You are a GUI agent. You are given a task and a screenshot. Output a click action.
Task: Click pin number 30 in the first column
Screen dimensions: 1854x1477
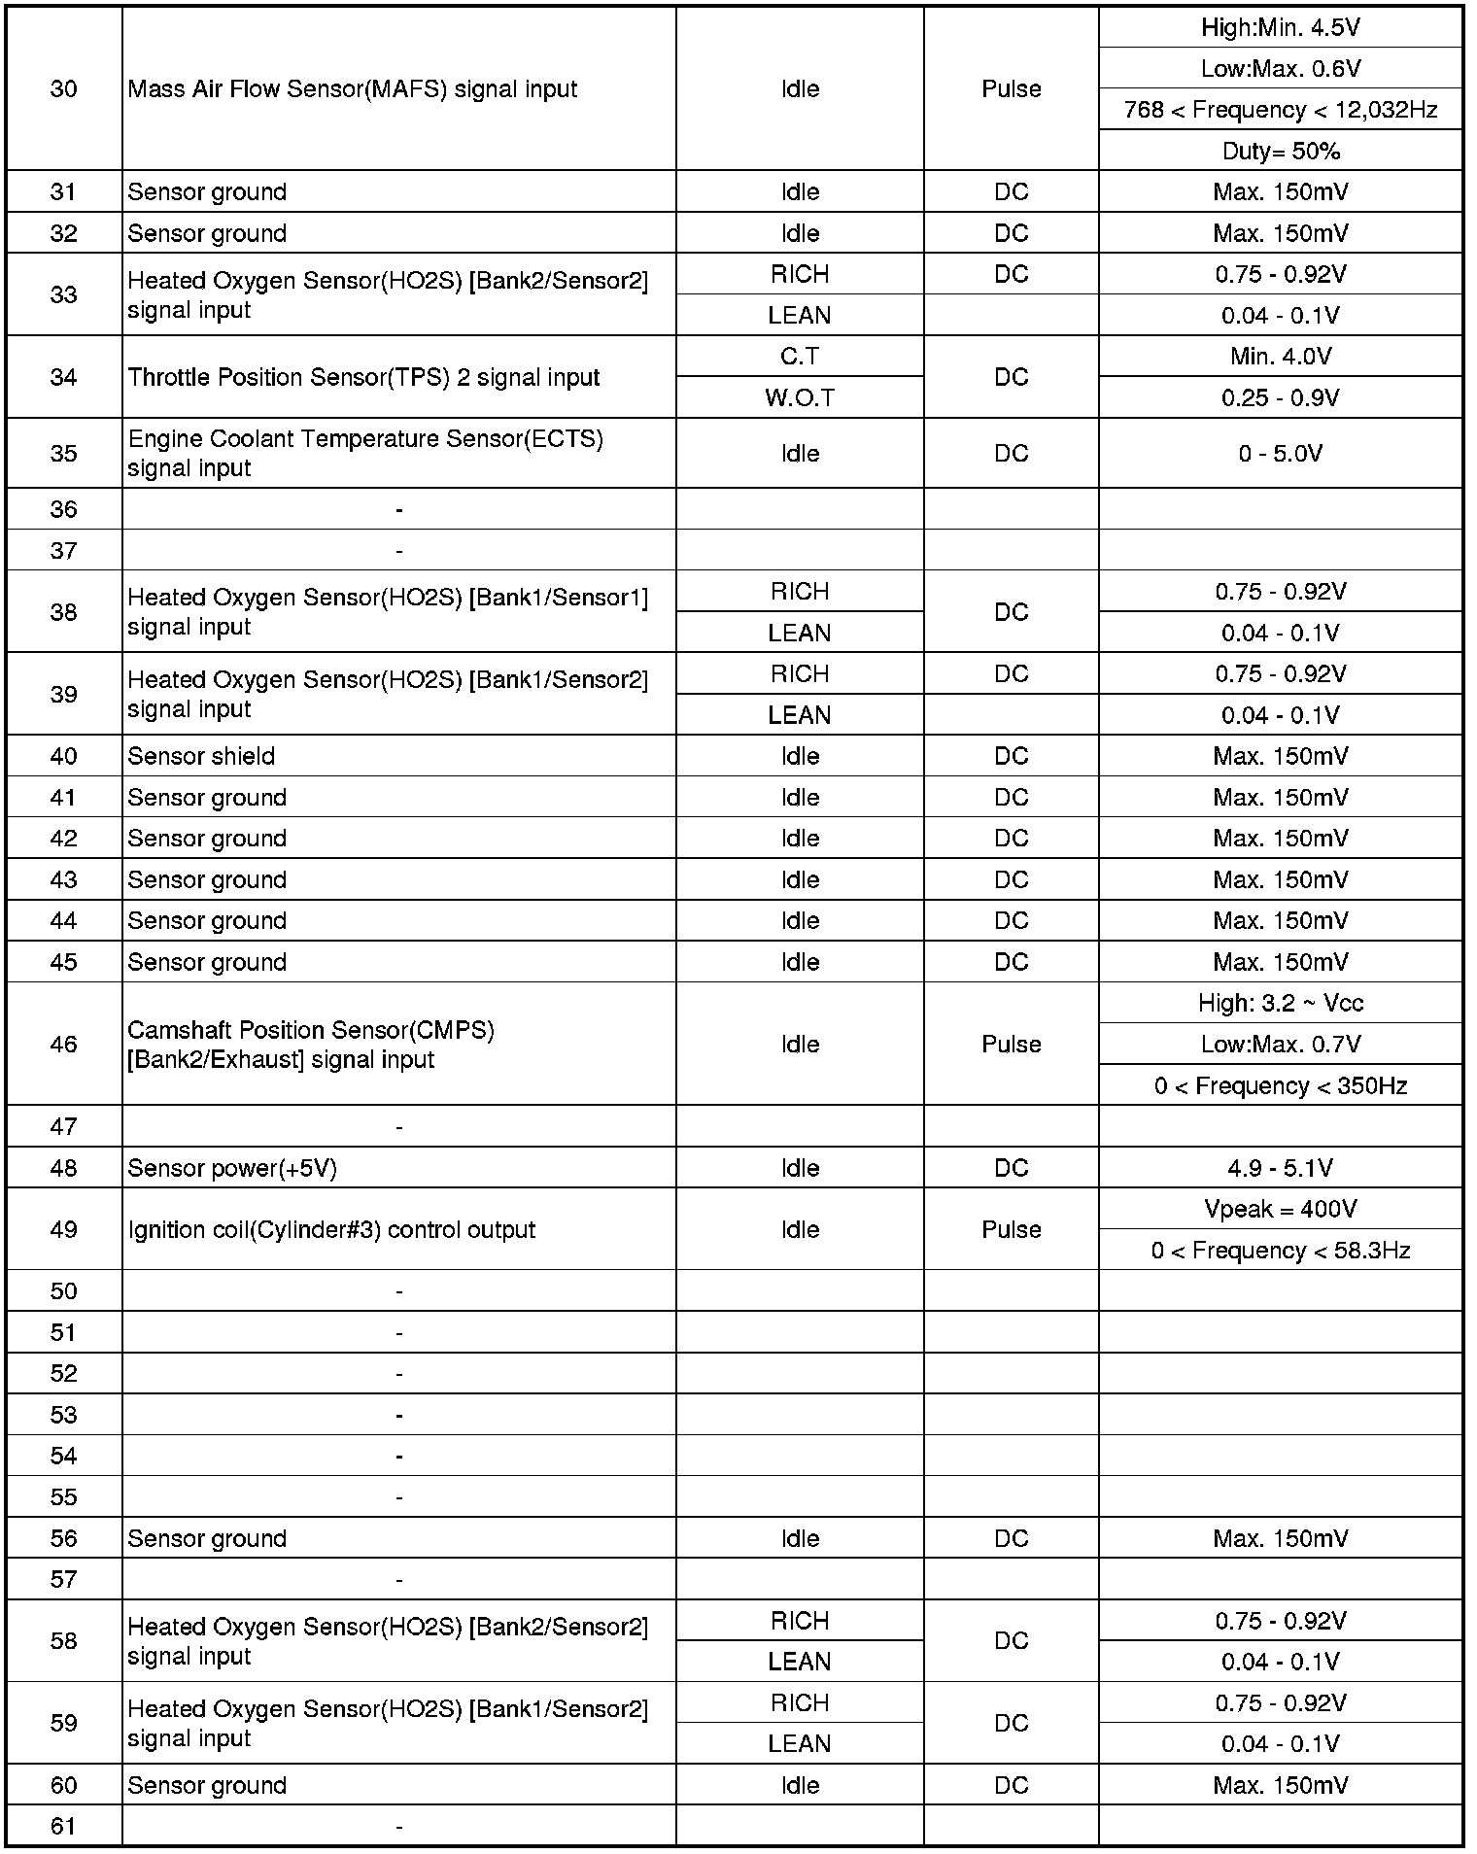point(63,89)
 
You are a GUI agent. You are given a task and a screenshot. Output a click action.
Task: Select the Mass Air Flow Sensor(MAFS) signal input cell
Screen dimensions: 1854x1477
point(353,89)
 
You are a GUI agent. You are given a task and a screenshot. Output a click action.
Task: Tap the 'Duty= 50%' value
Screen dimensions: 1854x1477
point(1280,152)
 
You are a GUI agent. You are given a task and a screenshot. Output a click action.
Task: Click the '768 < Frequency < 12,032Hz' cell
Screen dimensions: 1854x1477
point(1280,110)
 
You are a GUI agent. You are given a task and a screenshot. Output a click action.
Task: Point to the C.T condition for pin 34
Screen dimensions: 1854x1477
point(800,357)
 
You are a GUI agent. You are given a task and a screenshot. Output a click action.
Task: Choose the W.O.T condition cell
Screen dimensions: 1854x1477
point(800,397)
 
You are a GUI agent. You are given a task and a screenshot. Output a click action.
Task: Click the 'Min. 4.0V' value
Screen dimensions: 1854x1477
point(1280,357)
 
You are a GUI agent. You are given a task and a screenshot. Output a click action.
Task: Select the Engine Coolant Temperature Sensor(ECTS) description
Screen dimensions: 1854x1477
point(365,453)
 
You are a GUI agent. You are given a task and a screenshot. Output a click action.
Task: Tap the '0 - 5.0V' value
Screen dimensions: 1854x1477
point(1280,454)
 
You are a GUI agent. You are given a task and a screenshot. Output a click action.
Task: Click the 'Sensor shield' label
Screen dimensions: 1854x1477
point(201,756)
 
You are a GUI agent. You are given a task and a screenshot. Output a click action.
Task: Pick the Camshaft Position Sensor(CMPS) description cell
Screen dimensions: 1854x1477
point(311,1044)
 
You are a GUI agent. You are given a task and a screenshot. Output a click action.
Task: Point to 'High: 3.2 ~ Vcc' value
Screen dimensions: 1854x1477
point(1280,1003)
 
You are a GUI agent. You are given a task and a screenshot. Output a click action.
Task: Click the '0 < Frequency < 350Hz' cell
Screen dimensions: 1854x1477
point(1280,1085)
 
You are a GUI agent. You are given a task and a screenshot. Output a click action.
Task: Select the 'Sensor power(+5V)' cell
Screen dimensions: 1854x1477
point(232,1168)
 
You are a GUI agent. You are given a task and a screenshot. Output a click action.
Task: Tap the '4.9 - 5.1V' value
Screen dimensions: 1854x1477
point(1280,1168)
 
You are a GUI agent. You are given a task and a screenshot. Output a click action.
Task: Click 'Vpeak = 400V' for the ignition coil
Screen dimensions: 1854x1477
point(1280,1209)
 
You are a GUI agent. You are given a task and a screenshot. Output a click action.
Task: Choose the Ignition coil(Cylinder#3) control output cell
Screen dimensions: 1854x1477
point(331,1229)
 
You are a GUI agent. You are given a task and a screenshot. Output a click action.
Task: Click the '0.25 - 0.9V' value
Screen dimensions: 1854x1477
point(1280,397)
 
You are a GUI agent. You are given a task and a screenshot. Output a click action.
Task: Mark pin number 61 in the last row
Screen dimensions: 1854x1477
point(63,1826)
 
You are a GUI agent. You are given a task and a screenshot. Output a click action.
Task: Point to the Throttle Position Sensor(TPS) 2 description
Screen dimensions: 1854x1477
point(363,377)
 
